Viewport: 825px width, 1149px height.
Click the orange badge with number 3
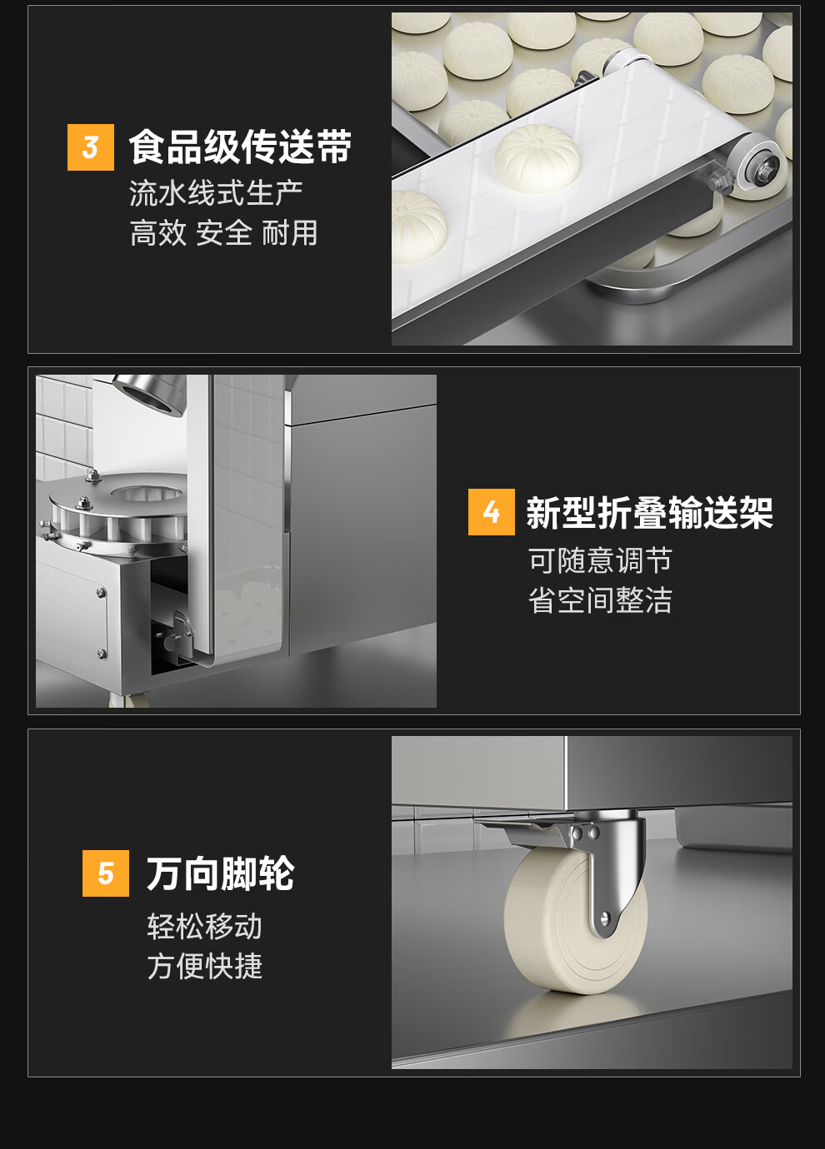[91, 147]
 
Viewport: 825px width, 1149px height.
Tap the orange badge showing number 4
[492, 512]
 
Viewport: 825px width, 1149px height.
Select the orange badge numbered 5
[106, 873]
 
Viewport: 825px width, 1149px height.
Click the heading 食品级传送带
[240, 147]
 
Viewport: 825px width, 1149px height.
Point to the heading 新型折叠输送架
[649, 512]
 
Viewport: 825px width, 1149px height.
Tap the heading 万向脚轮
[221, 873]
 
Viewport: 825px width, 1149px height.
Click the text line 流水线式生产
[216, 194]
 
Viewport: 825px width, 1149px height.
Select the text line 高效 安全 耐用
[224, 233]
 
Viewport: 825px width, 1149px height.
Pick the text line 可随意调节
[600, 560]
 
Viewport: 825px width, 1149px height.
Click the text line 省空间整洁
[600, 599]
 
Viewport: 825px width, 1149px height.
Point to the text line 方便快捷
[205, 967]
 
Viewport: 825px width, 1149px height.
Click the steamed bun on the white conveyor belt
[537, 158]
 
